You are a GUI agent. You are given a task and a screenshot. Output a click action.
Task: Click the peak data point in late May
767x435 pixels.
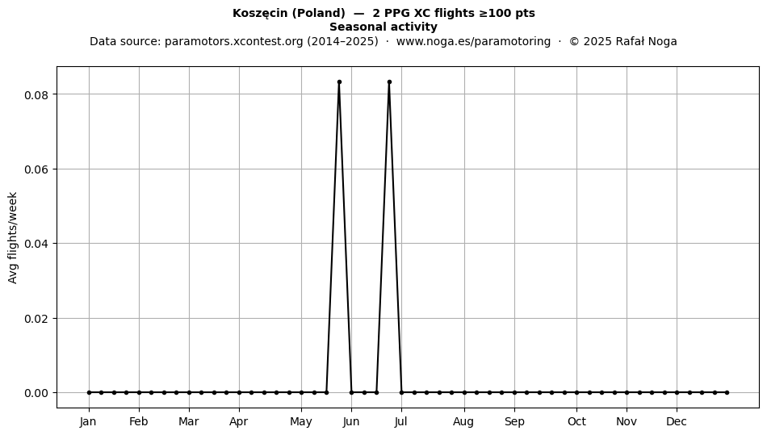click(x=339, y=82)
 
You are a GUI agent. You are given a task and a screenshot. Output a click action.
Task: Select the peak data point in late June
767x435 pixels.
click(x=389, y=82)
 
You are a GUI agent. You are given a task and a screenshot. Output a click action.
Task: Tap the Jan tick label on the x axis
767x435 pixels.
click(x=88, y=422)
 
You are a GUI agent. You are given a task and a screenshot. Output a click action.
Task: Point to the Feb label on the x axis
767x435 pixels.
click(x=138, y=422)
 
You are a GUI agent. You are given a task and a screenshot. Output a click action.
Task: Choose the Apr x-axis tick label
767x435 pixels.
click(x=239, y=422)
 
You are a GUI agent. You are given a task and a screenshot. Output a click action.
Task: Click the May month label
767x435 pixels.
click(x=301, y=422)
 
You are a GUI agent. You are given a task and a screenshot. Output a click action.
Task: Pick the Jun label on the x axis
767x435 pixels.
click(x=351, y=422)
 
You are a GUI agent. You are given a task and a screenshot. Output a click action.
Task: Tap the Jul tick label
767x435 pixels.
click(x=401, y=422)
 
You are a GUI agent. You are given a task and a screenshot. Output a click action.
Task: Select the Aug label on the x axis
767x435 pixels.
click(x=463, y=422)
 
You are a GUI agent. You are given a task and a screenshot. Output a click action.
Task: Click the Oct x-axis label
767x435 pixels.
click(x=576, y=422)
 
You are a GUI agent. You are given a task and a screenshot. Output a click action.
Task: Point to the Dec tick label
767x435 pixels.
click(x=677, y=422)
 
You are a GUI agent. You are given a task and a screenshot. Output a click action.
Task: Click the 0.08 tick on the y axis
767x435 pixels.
click(x=38, y=94)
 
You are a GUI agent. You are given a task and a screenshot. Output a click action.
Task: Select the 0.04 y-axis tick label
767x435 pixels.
click(x=38, y=244)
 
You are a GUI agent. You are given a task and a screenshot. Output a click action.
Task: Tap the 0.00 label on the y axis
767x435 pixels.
click(x=38, y=393)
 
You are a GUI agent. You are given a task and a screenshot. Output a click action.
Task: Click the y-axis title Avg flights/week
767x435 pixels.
click(x=13, y=237)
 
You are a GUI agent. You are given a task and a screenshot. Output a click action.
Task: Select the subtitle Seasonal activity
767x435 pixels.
click(x=383, y=27)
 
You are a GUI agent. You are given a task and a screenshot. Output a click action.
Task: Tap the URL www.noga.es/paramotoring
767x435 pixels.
click(x=473, y=41)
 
